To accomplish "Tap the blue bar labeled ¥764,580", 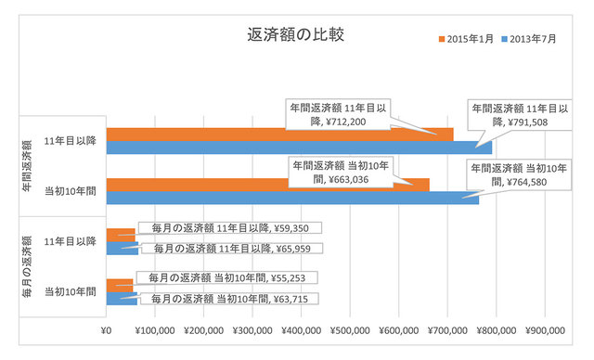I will point(278,198).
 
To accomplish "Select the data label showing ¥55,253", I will point(227,277).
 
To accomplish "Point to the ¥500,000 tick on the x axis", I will point(350,329).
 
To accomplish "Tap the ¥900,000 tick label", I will point(545,329).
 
